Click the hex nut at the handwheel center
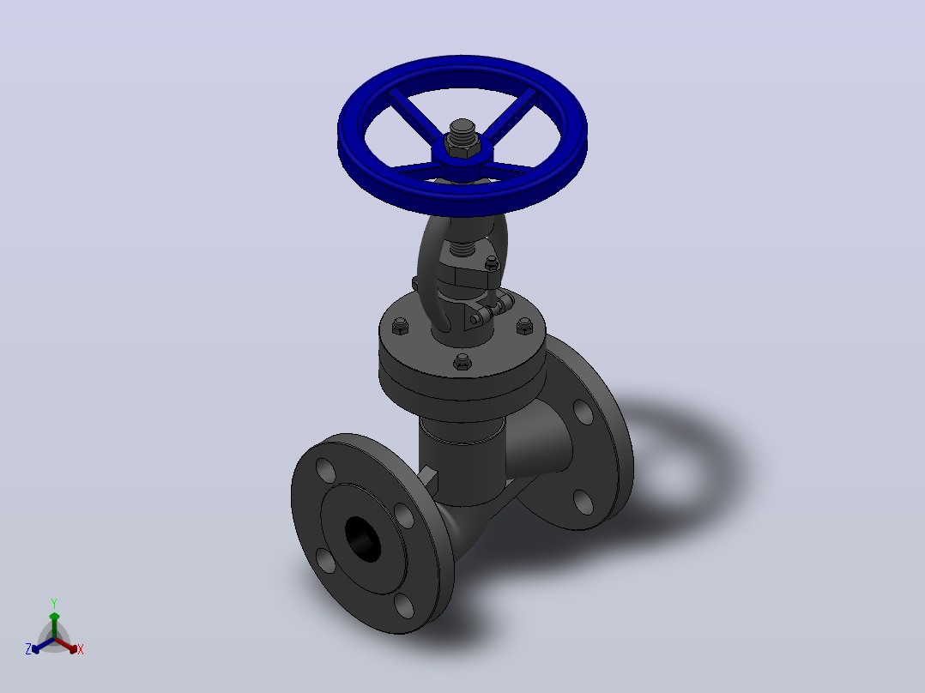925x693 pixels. click(462, 149)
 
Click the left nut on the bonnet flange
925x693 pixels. click(401, 326)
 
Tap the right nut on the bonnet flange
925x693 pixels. click(524, 326)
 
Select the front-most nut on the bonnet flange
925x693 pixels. click(462, 362)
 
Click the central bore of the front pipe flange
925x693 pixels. click(363, 539)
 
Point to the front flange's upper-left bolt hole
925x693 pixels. click(326, 470)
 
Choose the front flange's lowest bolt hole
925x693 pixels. click(404, 606)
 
